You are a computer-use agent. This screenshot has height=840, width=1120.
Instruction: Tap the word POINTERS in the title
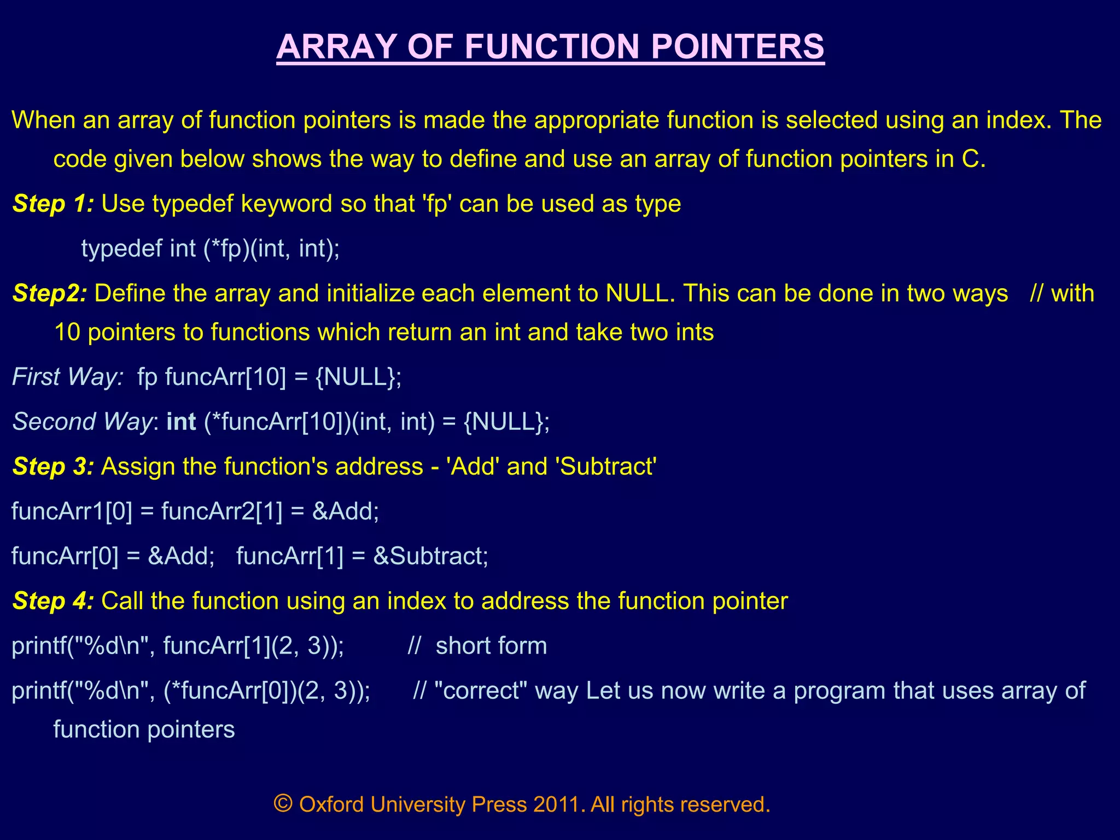tap(738, 47)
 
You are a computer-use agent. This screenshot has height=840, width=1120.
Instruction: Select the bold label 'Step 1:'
tap(53, 203)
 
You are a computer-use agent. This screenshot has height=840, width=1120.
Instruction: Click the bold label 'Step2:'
tap(50, 293)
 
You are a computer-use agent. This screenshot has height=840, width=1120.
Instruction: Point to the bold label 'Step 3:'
tap(53, 466)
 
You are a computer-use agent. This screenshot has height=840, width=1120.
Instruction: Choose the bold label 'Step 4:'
tap(53, 601)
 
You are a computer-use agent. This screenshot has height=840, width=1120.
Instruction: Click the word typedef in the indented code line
tap(121, 248)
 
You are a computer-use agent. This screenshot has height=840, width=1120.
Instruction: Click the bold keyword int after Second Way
tap(181, 422)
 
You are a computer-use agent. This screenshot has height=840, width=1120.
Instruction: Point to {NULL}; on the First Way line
tap(359, 377)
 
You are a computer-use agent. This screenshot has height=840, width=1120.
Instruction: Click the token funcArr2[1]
tap(222, 511)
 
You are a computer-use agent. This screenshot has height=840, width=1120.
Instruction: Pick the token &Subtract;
tap(430, 556)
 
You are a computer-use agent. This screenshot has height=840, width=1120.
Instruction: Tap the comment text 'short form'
tap(491, 646)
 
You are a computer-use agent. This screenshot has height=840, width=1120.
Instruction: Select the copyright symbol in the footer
tap(283, 804)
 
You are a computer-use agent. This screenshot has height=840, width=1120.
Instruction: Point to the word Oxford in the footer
tap(331, 804)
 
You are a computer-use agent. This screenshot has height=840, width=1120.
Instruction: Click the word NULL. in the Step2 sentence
tap(640, 293)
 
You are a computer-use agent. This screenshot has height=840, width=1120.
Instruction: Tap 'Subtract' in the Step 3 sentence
tap(605, 466)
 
